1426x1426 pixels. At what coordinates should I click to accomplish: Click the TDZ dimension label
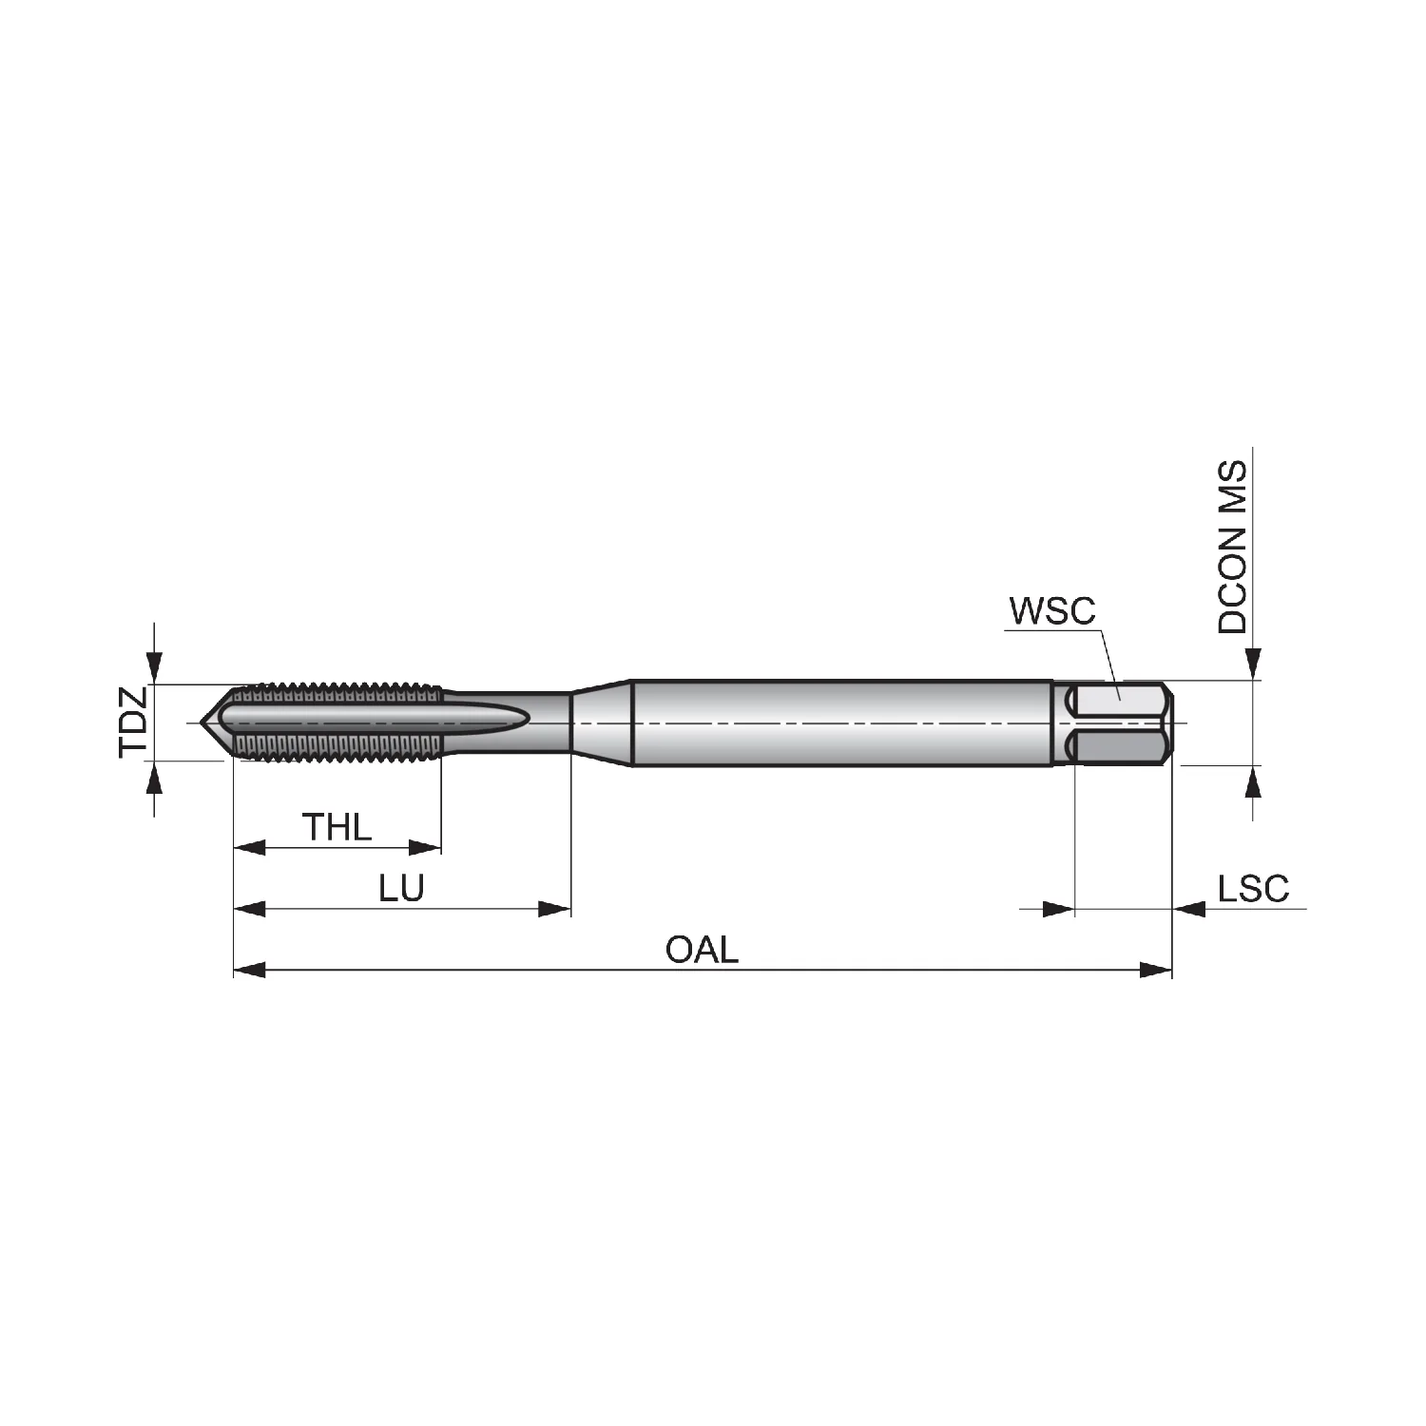(134, 722)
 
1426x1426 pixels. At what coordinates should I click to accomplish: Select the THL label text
(337, 828)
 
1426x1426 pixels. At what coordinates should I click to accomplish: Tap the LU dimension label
(401, 889)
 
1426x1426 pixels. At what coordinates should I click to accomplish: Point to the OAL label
(702, 950)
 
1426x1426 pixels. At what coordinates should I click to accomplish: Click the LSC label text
(1254, 889)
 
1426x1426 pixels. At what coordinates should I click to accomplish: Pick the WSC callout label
(1052, 611)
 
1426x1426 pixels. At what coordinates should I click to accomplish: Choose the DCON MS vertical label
(1232, 549)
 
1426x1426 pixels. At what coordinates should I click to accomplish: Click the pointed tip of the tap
(202, 723)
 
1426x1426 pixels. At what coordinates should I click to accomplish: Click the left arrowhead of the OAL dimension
(249, 970)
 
